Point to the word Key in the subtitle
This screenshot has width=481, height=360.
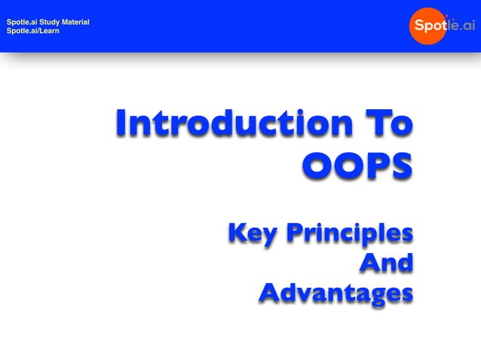click(253, 234)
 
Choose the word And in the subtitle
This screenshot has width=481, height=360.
click(387, 263)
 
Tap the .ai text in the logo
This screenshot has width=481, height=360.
click(464, 26)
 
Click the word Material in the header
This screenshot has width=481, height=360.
click(77, 22)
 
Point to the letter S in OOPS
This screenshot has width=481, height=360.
click(401, 166)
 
